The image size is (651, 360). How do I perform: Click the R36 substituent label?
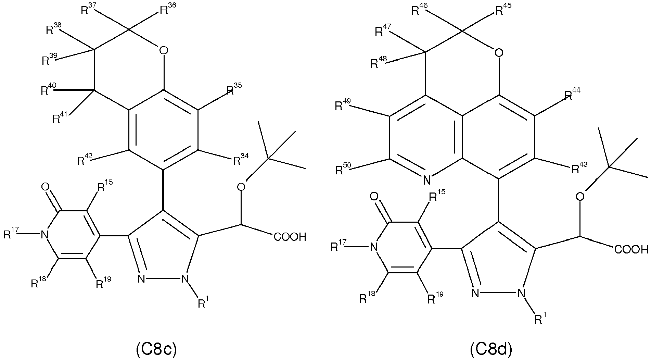tap(168, 10)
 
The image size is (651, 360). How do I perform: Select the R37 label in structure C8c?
tap(88, 10)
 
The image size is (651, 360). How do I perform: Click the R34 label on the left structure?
tap(241, 160)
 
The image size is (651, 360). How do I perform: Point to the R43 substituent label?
tap(578, 168)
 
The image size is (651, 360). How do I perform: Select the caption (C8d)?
tap(490, 349)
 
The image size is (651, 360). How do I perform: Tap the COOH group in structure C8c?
tap(290, 237)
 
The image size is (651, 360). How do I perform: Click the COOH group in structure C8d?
tap(631, 249)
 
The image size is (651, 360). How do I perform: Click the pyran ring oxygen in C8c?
tap(164, 51)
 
